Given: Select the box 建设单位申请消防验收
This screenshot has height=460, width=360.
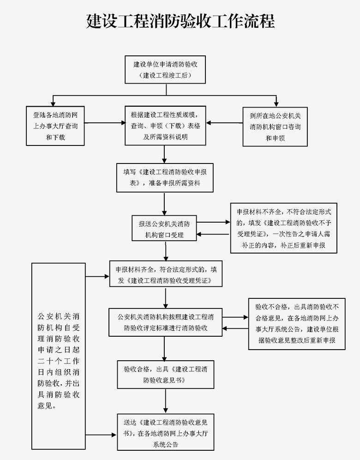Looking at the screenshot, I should (x=165, y=69).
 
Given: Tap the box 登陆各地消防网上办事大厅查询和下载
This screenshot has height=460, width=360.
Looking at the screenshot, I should (x=55, y=126).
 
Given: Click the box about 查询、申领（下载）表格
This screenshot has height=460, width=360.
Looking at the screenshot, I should (x=165, y=126).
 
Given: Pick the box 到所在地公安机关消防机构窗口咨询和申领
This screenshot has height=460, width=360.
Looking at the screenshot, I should (x=275, y=126).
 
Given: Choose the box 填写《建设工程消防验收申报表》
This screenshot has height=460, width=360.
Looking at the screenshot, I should (x=165, y=178).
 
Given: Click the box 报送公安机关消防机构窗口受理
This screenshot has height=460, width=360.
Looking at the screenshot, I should (x=164, y=228).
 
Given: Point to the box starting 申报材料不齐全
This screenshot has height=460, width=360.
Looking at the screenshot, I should (x=284, y=228).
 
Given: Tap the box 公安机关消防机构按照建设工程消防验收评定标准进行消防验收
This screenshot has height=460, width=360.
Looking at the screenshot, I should (x=165, y=322).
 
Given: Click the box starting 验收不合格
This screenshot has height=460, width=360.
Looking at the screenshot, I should (x=297, y=323).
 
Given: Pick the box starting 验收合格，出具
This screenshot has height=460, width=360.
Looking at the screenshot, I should (x=165, y=375).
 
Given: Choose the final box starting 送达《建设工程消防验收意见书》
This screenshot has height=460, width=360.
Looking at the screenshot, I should (x=165, y=432).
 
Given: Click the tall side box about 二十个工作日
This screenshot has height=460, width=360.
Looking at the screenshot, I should (x=59, y=356).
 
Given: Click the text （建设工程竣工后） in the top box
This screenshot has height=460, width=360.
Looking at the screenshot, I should (x=165, y=75).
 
